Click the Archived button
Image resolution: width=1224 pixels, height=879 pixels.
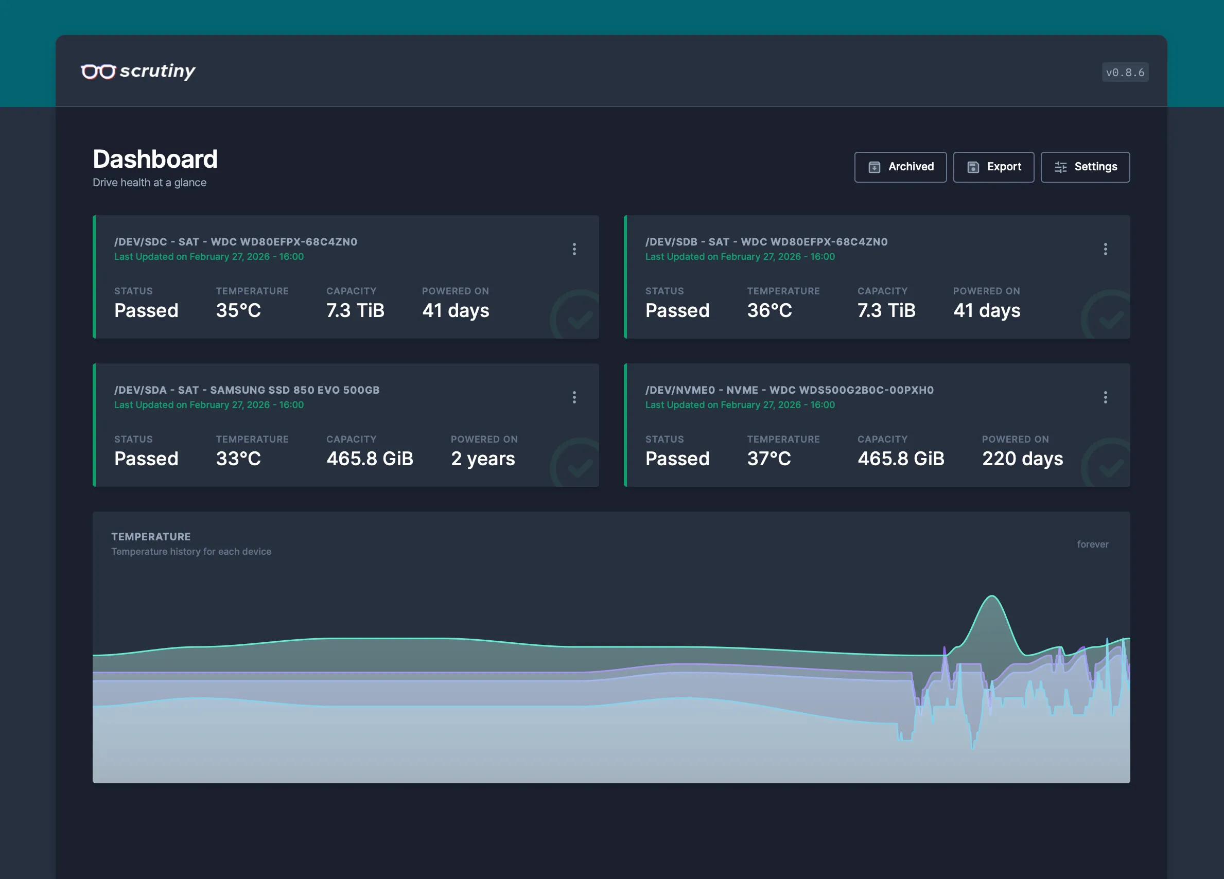pyautogui.click(x=900, y=167)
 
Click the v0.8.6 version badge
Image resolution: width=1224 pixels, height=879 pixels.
pyautogui.click(x=1125, y=72)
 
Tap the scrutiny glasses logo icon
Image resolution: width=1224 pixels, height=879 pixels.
pyautogui.click(x=98, y=71)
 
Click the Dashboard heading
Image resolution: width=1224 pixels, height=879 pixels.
pyautogui.click(x=155, y=159)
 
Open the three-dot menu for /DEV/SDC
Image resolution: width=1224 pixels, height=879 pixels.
pyautogui.click(x=574, y=249)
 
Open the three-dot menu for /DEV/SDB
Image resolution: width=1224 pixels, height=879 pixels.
pyautogui.click(x=1105, y=249)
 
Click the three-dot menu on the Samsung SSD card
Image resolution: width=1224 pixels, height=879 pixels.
pyautogui.click(x=574, y=397)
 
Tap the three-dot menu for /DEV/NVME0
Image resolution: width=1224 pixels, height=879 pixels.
pyautogui.click(x=1105, y=397)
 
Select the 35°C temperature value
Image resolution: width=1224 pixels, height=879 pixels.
pyautogui.click(x=238, y=310)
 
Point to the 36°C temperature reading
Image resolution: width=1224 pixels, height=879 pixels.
pyautogui.click(x=769, y=310)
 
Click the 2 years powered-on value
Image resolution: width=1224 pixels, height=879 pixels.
pyautogui.click(x=482, y=459)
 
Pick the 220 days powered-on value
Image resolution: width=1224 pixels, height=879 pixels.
pyautogui.click(x=1022, y=459)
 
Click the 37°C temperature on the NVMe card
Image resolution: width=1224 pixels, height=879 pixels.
pyautogui.click(x=768, y=459)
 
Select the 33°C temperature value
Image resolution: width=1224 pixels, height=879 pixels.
pyautogui.click(x=238, y=459)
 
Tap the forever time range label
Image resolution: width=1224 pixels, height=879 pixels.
pyautogui.click(x=1092, y=544)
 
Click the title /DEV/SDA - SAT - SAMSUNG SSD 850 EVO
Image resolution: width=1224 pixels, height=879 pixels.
pyautogui.click(x=247, y=390)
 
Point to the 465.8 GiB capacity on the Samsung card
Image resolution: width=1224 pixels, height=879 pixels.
pyautogui.click(x=370, y=459)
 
